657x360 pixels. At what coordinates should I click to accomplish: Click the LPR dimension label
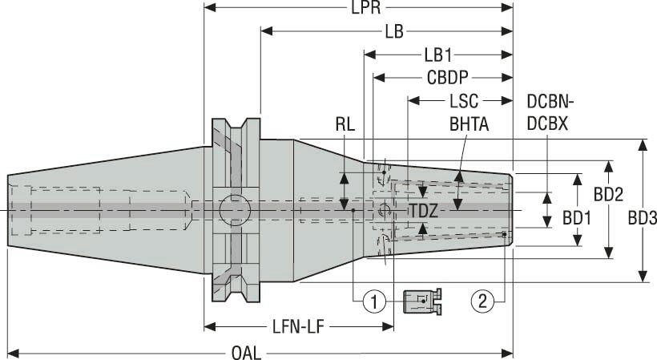point(360,9)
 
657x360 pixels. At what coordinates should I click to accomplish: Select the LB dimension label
point(393,32)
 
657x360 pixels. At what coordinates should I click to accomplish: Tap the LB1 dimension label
point(438,55)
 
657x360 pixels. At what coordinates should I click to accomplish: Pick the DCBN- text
point(551,102)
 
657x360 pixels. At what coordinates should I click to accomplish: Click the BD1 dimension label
point(577,217)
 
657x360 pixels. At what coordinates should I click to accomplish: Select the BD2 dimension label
point(609,194)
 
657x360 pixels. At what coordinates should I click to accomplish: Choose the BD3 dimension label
point(643,217)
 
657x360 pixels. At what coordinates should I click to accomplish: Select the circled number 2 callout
point(481,301)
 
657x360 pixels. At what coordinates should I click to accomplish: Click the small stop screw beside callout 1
point(422,301)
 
